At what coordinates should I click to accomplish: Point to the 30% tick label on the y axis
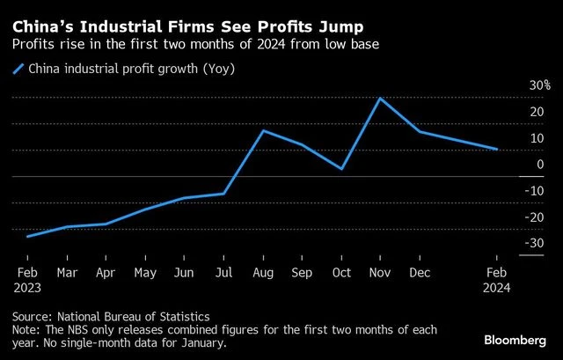[x=539, y=86]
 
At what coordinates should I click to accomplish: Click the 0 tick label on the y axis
[x=540, y=165]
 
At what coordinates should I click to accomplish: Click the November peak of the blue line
[x=380, y=98]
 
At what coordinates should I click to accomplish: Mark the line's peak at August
[x=264, y=130]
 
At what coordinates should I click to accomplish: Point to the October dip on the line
[x=341, y=169]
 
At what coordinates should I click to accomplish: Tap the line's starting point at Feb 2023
[x=27, y=237]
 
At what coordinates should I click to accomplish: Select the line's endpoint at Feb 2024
[x=497, y=150]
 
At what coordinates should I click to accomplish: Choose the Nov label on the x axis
[x=381, y=273]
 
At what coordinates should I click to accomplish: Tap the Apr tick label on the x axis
[x=106, y=273]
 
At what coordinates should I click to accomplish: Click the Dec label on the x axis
[x=420, y=273]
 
